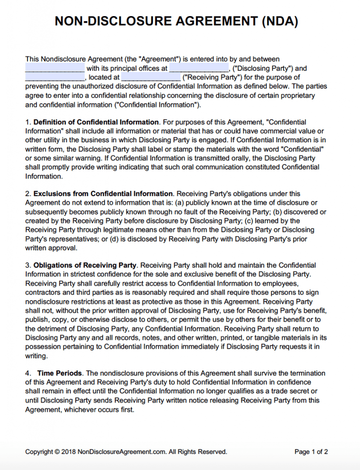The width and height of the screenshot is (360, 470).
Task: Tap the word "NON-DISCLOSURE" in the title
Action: click(104, 21)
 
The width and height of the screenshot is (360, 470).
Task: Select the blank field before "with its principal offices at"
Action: click(55, 68)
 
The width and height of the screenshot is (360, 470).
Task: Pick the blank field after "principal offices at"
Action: click(199, 68)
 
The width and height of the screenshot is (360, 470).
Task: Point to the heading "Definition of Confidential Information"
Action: click(96, 122)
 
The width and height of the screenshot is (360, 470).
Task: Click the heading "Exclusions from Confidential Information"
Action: click(103, 194)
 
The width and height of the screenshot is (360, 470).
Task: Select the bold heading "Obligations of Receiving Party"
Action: click(85, 265)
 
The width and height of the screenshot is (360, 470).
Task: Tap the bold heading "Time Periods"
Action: click(60, 373)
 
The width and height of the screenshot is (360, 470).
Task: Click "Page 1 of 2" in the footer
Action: click(311, 452)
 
